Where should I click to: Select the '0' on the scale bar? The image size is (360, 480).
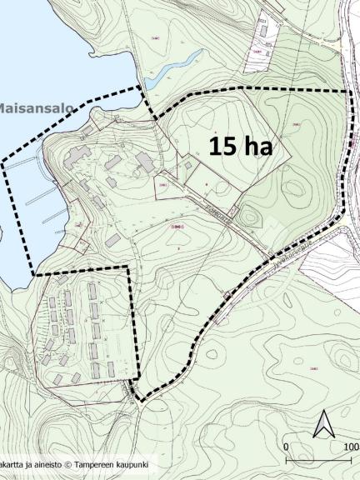pyautogui.click(x=286, y=447)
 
